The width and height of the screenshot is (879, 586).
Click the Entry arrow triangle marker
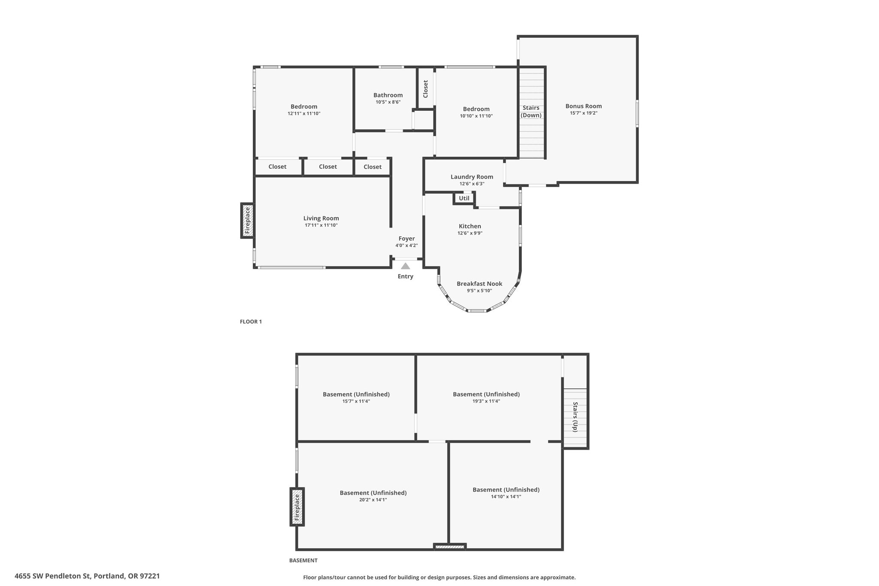406,266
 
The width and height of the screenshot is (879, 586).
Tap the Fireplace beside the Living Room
247,221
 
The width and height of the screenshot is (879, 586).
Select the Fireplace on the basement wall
297,507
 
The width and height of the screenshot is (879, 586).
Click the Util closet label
464,198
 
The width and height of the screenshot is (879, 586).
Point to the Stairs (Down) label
531,112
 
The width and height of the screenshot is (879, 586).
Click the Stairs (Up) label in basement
575,417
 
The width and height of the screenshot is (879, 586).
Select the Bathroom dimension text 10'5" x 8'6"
388,102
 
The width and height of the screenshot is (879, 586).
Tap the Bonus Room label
584,106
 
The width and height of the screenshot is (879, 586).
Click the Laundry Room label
472,177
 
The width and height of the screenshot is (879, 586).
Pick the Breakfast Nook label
479,284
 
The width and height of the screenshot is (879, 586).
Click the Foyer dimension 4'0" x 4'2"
406,246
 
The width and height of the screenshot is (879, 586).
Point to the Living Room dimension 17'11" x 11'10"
321,225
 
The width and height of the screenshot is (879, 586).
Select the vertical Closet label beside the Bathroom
426,89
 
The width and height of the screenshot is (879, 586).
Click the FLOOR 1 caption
251,322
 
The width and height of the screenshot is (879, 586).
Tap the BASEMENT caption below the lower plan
303,560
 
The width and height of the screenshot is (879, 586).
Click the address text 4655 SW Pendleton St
52,576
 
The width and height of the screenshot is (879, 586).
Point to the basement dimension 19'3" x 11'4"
486,401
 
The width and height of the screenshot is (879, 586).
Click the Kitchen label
470,226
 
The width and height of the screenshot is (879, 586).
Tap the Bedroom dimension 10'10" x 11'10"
476,116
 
